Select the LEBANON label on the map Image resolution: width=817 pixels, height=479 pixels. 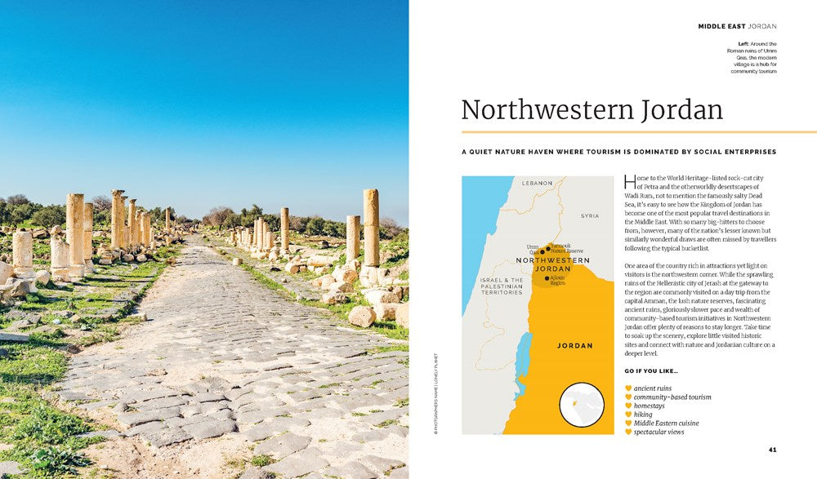(x=538, y=184)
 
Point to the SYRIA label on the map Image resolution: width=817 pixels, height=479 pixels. (x=589, y=216)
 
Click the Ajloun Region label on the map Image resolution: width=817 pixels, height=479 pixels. (x=557, y=281)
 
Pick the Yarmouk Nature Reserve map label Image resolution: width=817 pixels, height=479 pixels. (x=566, y=248)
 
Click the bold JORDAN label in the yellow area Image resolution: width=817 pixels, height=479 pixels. (x=574, y=345)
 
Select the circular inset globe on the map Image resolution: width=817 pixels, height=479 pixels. (x=581, y=406)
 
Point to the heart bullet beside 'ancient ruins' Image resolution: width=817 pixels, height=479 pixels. (x=628, y=388)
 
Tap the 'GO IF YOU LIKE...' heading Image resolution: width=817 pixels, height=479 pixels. (x=651, y=373)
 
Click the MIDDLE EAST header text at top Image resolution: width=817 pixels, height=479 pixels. (x=720, y=26)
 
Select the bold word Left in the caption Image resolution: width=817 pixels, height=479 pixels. (x=743, y=43)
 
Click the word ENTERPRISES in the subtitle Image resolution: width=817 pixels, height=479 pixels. (x=745, y=152)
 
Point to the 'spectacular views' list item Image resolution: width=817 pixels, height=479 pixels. (x=659, y=432)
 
